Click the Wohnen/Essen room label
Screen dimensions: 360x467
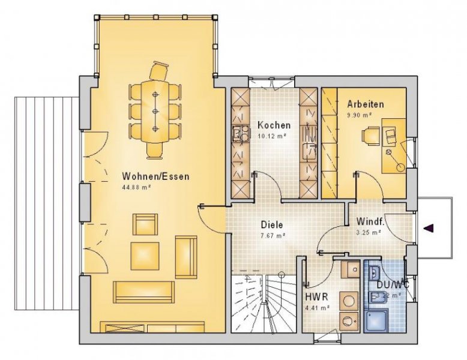[155, 176]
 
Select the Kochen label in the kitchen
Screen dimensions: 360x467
[274, 125]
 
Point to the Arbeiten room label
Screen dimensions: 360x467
[365, 104]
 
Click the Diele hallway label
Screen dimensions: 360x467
[271, 225]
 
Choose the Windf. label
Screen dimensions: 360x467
[370, 221]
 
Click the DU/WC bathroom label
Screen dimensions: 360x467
[393, 284]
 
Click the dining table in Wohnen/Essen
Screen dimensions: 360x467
[155, 112]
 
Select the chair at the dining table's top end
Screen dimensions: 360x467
[159, 71]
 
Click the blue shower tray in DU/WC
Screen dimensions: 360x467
[376, 317]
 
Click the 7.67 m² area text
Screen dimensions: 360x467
[272, 235]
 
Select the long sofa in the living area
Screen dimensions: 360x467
[145, 292]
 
